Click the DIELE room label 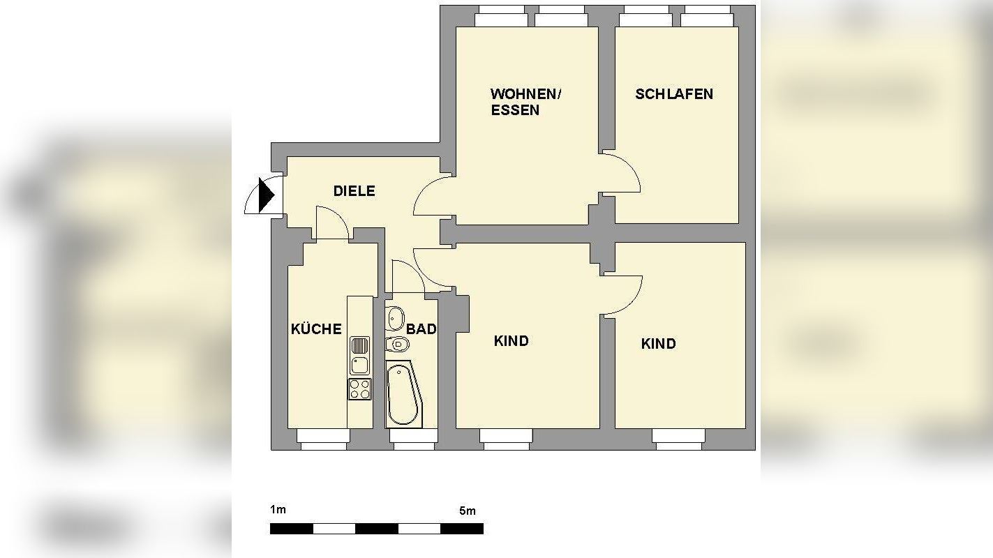(x=354, y=191)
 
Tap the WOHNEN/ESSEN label (x=525, y=102)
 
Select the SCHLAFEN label (x=673, y=94)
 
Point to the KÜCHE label (x=316, y=329)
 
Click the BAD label (x=421, y=329)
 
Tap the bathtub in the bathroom (x=403, y=394)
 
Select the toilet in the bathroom (x=397, y=344)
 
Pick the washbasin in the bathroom (x=396, y=318)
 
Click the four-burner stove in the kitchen (x=360, y=389)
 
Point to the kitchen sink (x=360, y=355)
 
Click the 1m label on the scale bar (x=278, y=510)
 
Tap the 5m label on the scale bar (x=468, y=511)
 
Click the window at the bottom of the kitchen (x=323, y=436)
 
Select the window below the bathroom (x=413, y=436)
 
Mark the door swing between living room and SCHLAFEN (x=623, y=173)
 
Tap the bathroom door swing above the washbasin (x=408, y=277)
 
